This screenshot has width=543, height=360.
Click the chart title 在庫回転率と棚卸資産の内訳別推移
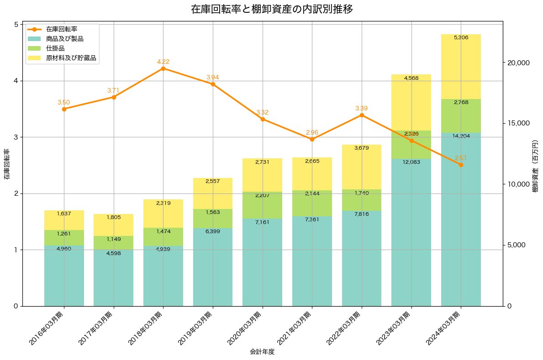pos(271,9)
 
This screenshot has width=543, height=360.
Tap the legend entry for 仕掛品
pos(55,48)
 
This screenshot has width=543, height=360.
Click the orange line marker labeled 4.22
pos(163,68)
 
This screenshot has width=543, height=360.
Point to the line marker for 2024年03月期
pos(461,165)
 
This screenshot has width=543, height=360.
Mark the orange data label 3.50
pos(64,103)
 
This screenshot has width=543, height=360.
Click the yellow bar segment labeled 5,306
pos(461,67)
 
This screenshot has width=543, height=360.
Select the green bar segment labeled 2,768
pos(461,116)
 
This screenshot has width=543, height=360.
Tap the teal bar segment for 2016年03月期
pos(64,276)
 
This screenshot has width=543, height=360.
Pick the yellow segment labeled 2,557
pos(213,193)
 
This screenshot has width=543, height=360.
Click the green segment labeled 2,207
pos(262,205)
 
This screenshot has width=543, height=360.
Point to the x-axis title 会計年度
pos(262,352)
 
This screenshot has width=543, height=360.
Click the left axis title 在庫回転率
pos(6,164)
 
